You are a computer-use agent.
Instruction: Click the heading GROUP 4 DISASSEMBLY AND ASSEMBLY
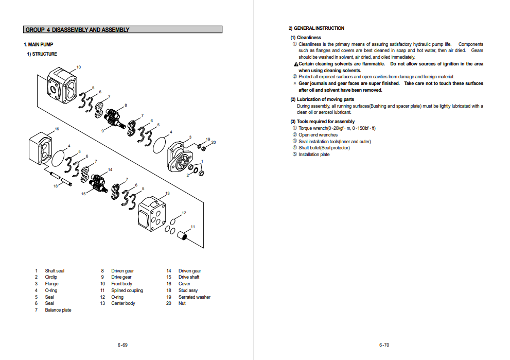[x=78, y=30]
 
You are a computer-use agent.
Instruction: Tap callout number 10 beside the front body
[x=78, y=67]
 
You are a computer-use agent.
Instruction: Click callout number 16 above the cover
[x=57, y=129]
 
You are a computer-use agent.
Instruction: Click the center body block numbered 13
[x=152, y=212]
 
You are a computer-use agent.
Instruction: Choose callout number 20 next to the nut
[x=214, y=142]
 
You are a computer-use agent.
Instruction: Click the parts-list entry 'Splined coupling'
[x=127, y=290]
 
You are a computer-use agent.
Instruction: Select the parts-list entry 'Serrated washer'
[x=194, y=297]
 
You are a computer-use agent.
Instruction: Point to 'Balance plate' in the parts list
[x=58, y=310]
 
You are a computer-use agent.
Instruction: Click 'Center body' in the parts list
[x=123, y=303]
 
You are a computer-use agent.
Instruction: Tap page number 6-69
[x=122, y=345]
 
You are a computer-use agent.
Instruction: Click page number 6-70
[x=384, y=345]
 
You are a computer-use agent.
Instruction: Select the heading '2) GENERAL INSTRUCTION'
[x=316, y=28]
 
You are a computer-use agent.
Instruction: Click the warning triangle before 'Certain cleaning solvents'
[x=296, y=64]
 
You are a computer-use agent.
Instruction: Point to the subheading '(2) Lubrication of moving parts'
[x=322, y=99]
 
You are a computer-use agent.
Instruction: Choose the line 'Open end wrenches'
[x=318, y=135]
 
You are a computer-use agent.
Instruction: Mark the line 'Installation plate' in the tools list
[x=314, y=155]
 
